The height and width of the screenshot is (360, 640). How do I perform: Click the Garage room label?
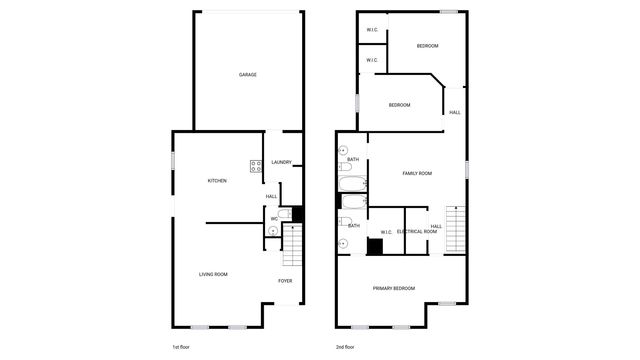coord(247,75)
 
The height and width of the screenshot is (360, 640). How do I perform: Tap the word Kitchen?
coord(217,181)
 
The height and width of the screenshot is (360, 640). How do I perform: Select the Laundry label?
coord(281,162)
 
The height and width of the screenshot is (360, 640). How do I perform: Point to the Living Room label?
coord(213,274)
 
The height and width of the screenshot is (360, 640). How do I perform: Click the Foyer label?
coord(285,281)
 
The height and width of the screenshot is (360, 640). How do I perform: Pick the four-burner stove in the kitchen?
coord(256,167)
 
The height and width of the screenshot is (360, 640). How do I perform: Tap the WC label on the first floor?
coord(274,219)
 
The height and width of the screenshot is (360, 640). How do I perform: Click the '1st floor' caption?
coord(181,346)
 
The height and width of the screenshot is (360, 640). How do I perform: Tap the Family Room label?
coord(417,174)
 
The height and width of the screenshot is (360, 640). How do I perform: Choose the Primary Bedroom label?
coord(394,288)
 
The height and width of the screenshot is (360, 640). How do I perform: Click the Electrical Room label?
coord(417,232)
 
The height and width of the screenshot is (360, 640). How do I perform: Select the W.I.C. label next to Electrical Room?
coord(385,232)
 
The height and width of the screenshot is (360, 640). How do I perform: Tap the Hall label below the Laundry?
coord(271,197)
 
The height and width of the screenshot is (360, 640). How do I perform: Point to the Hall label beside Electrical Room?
coord(436,226)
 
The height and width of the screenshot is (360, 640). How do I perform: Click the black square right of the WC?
coord(297,213)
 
